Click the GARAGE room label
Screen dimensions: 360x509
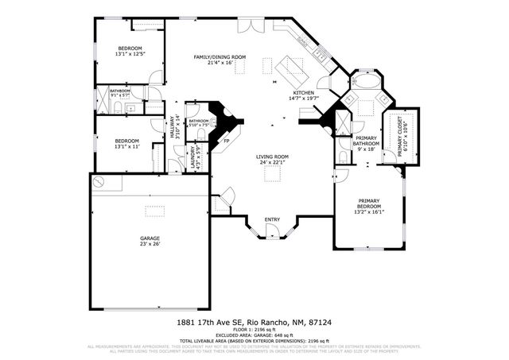[x=150, y=238]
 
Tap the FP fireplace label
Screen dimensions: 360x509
[x=226, y=141]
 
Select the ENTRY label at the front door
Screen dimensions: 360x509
[x=272, y=219]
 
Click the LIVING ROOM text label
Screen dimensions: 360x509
[x=272, y=157]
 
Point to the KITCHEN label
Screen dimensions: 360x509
[x=304, y=94]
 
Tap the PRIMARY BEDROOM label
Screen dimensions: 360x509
[x=369, y=203]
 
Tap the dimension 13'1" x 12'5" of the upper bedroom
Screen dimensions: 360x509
[x=129, y=55]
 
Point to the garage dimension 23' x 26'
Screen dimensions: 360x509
[x=150, y=244]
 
